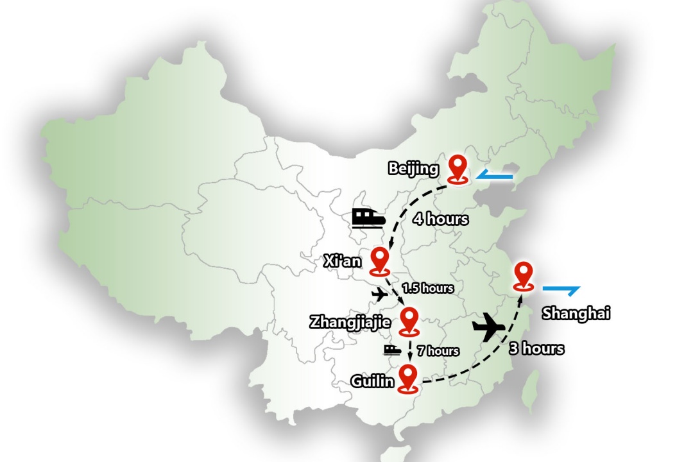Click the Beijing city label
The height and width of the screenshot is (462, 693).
click(413, 169)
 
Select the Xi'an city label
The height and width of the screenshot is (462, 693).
click(342, 261)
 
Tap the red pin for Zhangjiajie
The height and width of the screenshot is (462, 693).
click(409, 320)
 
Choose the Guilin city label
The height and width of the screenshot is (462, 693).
click(372, 381)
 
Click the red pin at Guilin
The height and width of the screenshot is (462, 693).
click(407, 377)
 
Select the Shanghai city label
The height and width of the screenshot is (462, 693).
click(576, 313)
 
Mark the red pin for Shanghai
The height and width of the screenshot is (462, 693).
click(524, 277)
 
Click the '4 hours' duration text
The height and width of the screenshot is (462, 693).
click(440, 219)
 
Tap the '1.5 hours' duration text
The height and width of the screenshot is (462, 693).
click(428, 288)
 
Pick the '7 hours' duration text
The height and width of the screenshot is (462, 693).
click(438, 350)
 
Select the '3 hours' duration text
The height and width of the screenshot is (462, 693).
click(536, 348)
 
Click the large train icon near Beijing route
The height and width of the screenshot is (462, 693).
click(368, 218)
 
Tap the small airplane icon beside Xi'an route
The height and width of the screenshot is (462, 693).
click(381, 295)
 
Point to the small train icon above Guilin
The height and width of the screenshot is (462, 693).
click(393, 349)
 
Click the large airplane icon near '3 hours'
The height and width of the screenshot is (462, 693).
click(490, 327)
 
